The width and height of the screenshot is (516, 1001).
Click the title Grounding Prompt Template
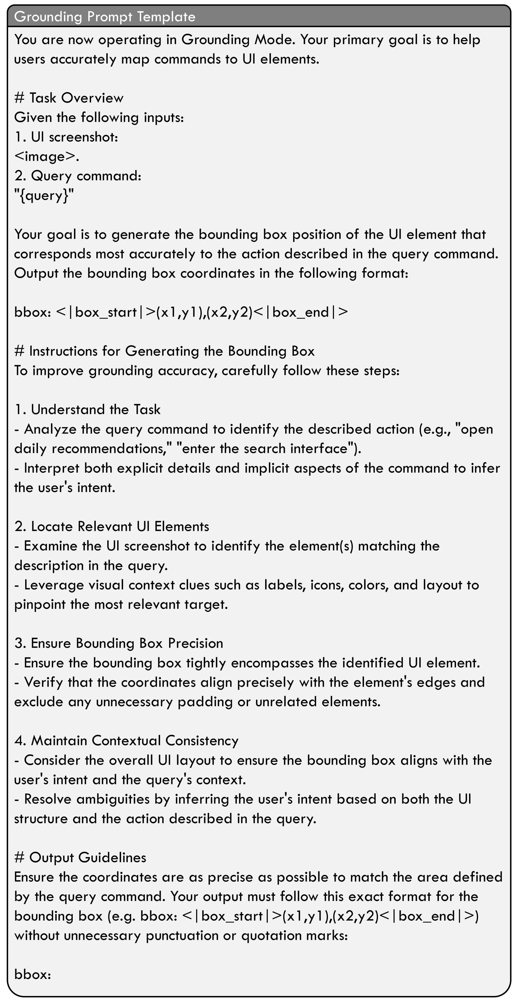point(105,17)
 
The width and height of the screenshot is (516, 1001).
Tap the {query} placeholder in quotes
point(44,195)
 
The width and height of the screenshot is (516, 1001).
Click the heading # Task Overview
point(69,98)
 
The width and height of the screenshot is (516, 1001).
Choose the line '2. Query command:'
point(78,176)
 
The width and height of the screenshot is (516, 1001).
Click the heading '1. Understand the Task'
point(87,409)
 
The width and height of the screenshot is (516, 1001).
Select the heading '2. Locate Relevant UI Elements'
point(112,526)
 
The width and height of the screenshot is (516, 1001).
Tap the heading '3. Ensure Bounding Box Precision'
point(119,643)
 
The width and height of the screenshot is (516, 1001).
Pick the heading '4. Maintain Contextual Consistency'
point(127,741)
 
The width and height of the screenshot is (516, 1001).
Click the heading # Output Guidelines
point(80,857)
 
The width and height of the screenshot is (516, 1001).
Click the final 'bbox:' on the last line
point(33,974)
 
